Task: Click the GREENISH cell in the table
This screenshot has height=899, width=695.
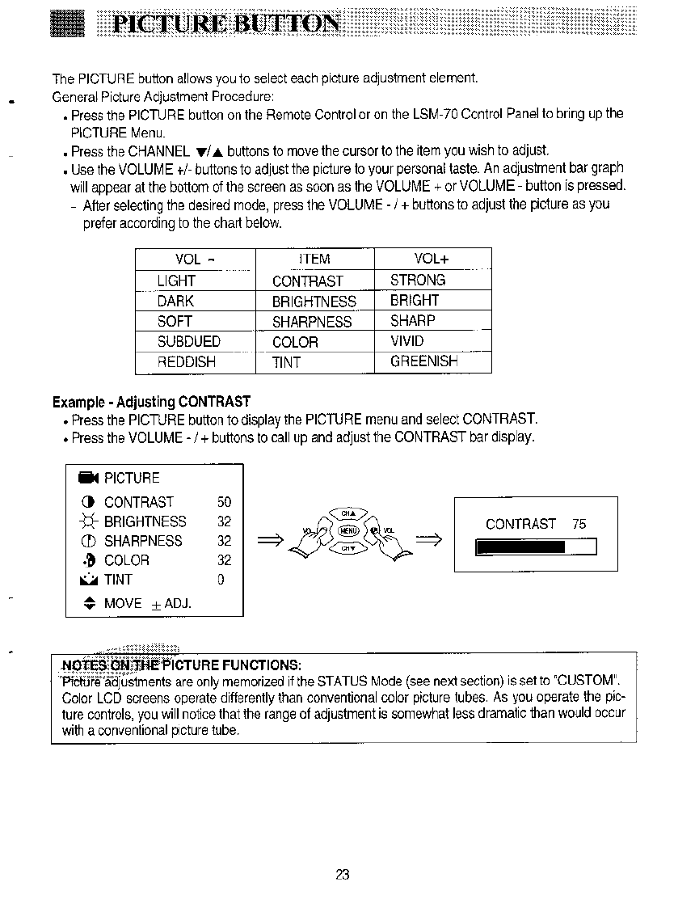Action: point(423,361)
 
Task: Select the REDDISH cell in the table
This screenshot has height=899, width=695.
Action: point(187,362)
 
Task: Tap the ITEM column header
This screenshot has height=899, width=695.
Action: point(314,259)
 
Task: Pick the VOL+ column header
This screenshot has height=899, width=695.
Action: point(432,259)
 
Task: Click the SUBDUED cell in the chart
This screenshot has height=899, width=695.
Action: point(189,342)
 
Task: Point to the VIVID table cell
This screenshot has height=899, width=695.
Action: point(406,341)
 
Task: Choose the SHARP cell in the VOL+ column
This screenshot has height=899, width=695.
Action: point(412,321)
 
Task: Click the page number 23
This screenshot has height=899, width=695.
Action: point(342,874)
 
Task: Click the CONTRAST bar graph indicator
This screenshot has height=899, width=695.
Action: point(537,547)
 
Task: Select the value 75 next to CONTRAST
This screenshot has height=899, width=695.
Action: point(579,524)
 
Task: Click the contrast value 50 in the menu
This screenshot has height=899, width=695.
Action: point(225,502)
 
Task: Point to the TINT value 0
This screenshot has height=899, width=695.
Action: point(221,580)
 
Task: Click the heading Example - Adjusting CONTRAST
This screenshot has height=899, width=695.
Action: point(151,402)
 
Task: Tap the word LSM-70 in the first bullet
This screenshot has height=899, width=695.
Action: point(438,114)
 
